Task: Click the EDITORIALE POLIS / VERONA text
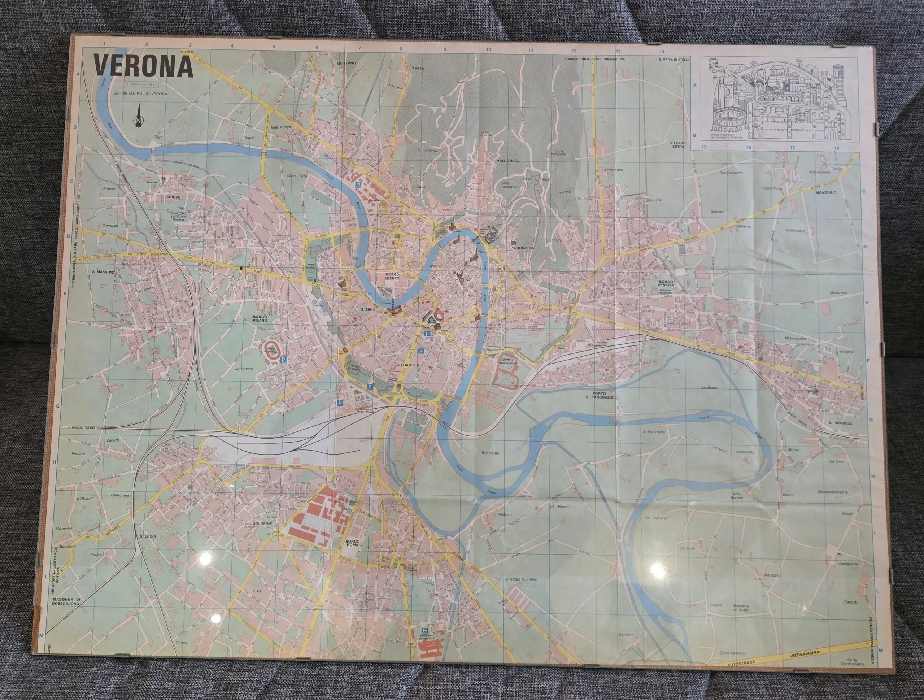(x=140, y=94)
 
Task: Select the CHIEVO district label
(x=173, y=196)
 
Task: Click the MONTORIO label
(x=826, y=193)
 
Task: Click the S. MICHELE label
(x=840, y=422)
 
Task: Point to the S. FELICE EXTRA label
(x=677, y=145)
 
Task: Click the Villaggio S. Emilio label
(x=521, y=579)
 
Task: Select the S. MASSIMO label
(x=103, y=272)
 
